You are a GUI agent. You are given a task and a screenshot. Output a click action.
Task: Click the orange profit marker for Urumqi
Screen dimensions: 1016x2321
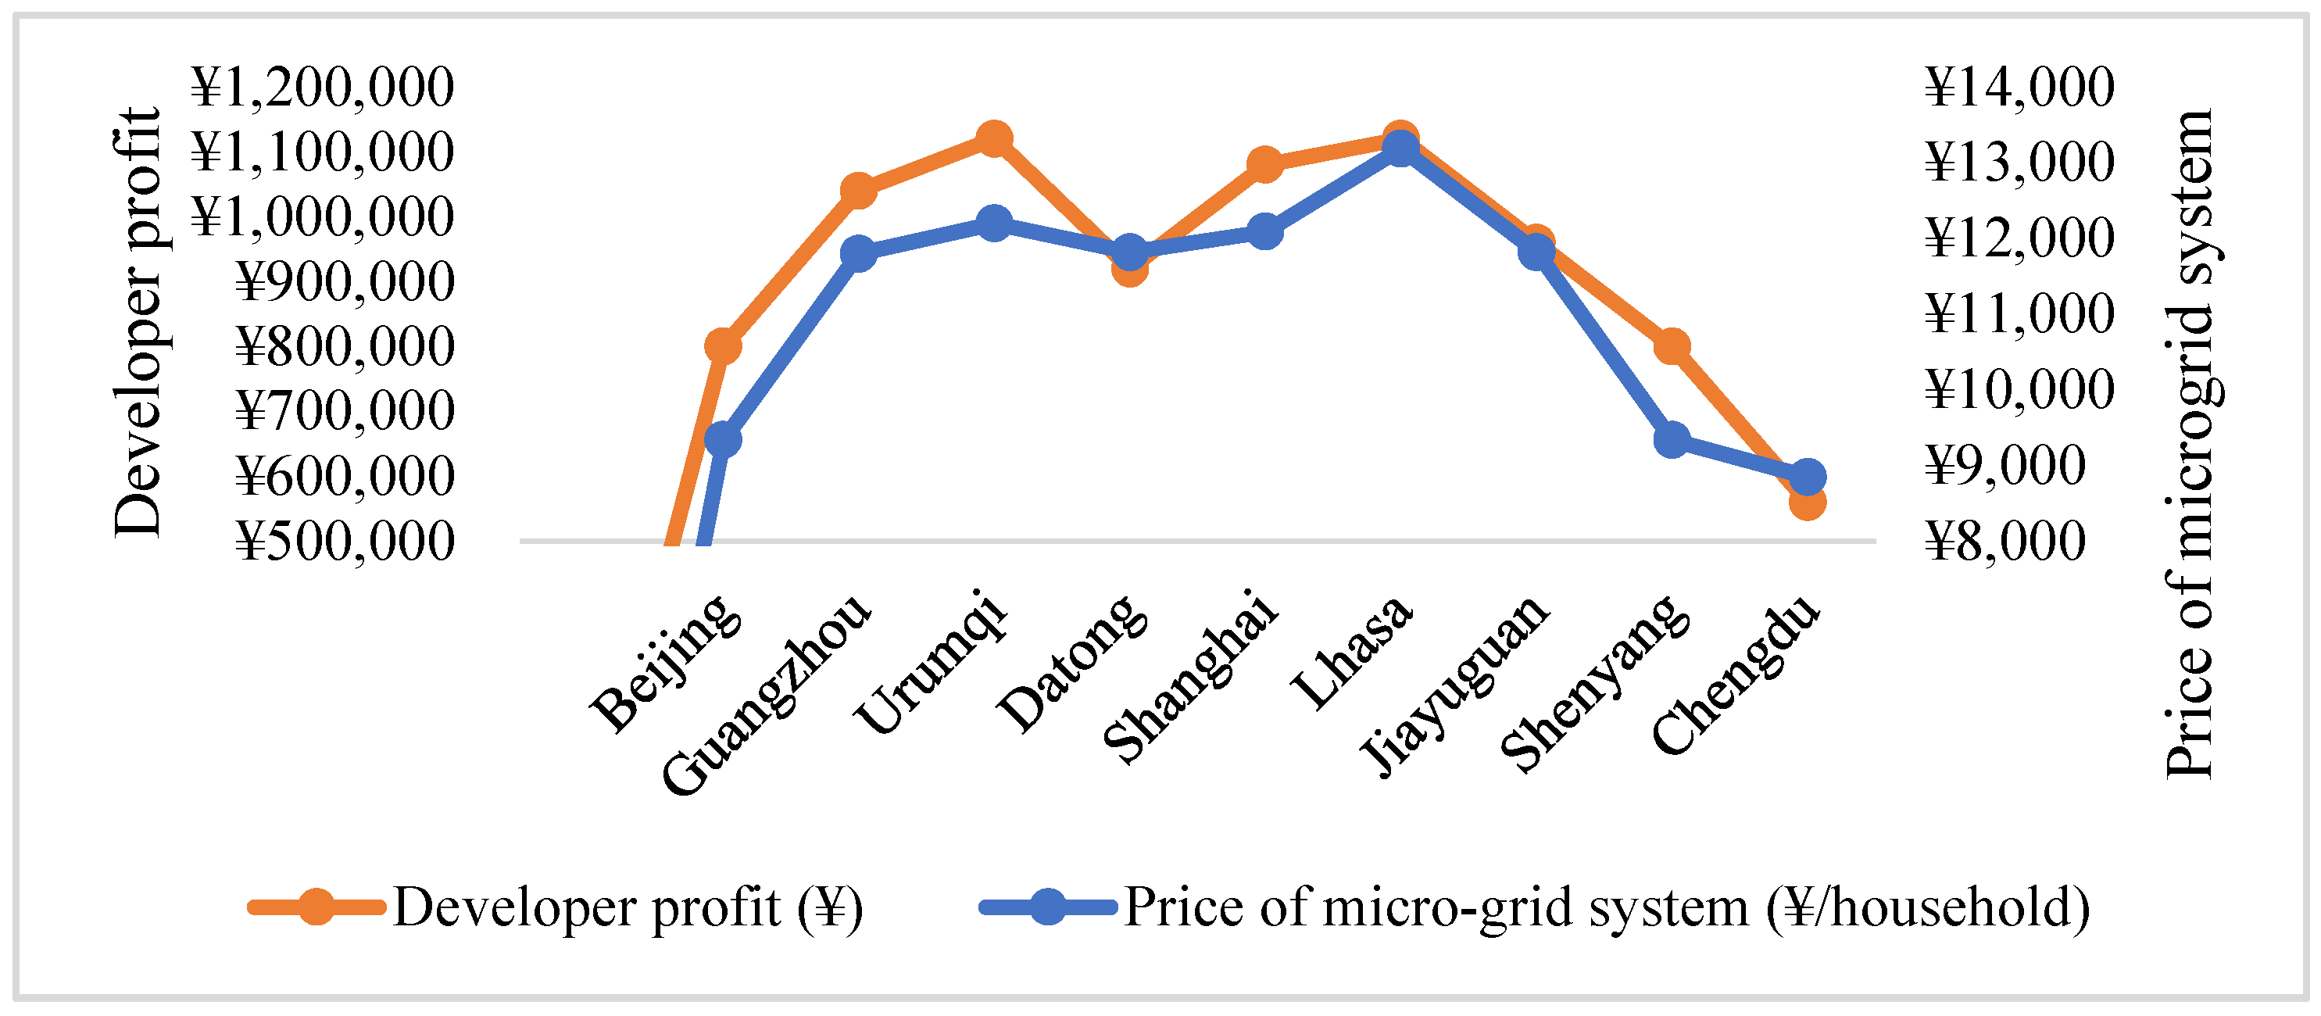(994, 138)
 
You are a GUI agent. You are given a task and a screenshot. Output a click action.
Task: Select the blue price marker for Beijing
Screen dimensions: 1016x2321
(723, 439)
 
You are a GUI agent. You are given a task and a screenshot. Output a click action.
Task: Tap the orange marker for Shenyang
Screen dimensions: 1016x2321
(1672, 346)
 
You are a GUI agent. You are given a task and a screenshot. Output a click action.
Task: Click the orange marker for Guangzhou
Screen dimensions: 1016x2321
(858, 190)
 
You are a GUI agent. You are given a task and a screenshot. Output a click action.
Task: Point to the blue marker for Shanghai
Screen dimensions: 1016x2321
(1264, 231)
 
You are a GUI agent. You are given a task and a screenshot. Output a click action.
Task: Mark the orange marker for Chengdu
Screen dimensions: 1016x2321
(1808, 502)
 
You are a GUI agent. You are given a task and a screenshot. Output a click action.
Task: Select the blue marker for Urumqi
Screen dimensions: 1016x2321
(994, 223)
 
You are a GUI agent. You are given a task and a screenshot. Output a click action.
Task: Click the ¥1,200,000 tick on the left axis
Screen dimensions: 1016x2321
(323, 88)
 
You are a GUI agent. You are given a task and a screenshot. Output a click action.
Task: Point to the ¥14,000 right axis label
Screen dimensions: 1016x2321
(2019, 88)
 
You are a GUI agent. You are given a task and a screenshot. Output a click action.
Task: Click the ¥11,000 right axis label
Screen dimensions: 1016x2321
(2019, 314)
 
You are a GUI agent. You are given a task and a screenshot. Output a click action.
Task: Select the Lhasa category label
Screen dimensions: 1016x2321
(1351, 653)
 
